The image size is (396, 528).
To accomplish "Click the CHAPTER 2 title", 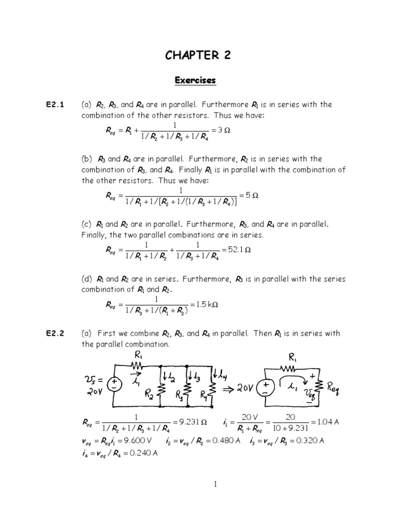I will click(x=198, y=56).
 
